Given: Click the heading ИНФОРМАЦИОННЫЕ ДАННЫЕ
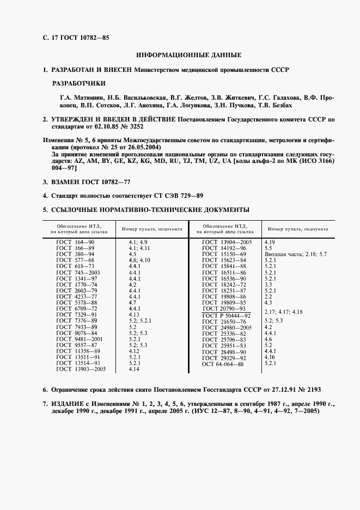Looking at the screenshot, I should click(x=188, y=55).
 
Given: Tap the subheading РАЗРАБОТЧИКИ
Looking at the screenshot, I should click(x=79, y=84).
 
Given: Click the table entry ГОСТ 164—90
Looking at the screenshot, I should click(x=76, y=241).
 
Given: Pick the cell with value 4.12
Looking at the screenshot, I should click(x=134, y=351).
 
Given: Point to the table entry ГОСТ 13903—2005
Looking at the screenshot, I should click(x=81, y=369).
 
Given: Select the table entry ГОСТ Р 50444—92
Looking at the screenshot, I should click(x=226, y=315).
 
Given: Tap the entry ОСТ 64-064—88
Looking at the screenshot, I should click(x=222, y=364).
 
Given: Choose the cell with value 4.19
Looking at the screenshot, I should click(x=270, y=241).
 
